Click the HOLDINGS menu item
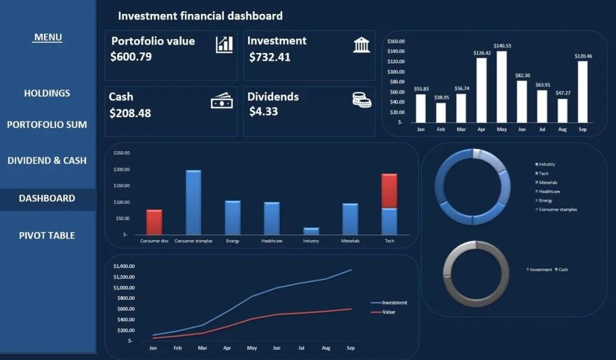click(x=47, y=93)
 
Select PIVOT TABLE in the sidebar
click(x=47, y=235)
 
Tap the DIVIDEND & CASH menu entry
click(x=47, y=161)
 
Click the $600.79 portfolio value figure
click(x=131, y=57)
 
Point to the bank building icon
click(x=362, y=45)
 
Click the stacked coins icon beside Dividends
click(x=362, y=100)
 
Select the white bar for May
click(x=502, y=87)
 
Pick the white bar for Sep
click(x=582, y=92)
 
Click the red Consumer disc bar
click(x=154, y=222)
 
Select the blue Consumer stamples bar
click(x=193, y=202)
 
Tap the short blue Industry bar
click(x=311, y=231)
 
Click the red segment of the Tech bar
click(x=389, y=191)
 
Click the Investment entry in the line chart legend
click(x=395, y=303)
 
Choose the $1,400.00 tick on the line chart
click(x=123, y=266)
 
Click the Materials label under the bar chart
click(x=350, y=241)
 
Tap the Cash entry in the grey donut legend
click(x=563, y=270)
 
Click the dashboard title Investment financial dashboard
click(x=200, y=16)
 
